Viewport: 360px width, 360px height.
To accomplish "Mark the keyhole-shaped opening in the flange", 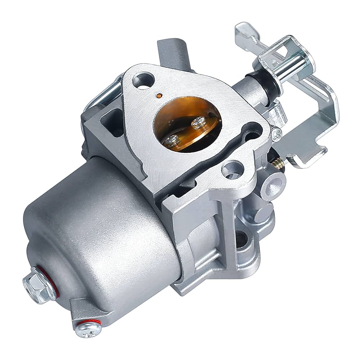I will pyautogui.click(x=252, y=131).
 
